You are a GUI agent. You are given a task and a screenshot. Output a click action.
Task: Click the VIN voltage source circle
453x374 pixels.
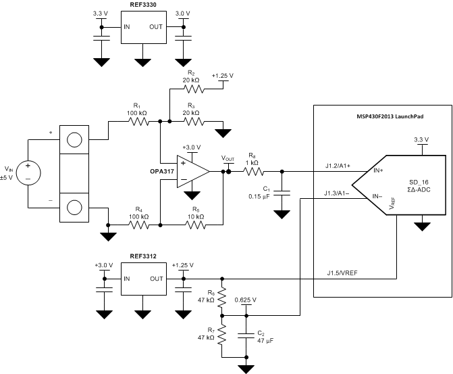[28, 172]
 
